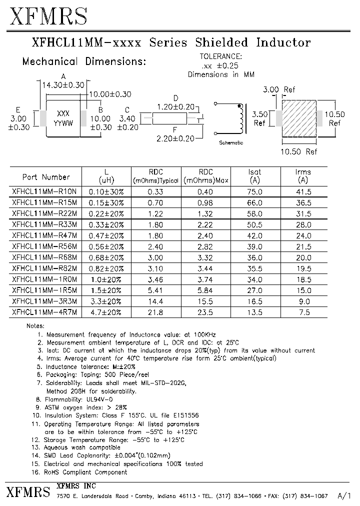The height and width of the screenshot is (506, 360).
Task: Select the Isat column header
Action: [x=255, y=176]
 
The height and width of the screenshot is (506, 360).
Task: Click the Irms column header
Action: [x=303, y=176]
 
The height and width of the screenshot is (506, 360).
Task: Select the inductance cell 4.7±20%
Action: [x=106, y=312]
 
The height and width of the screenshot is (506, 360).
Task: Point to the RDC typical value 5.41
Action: [x=155, y=290]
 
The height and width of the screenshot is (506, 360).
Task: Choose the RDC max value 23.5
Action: [x=205, y=312]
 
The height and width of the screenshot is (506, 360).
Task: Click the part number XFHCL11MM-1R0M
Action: [x=44, y=279]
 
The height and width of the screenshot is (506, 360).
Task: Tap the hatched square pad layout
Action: [x=299, y=120]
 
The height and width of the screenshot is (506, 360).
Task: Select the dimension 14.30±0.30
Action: [x=63, y=85]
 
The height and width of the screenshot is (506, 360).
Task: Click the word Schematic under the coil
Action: [x=231, y=142]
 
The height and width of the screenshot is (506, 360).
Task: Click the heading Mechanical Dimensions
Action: [x=84, y=62]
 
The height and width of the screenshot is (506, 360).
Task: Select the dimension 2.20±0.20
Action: [x=175, y=138]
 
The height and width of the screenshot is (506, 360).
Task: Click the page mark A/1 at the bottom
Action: [x=344, y=496]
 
